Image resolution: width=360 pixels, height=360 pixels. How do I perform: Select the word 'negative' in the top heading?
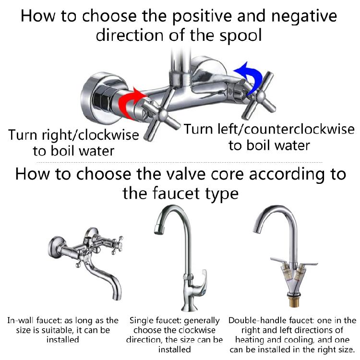304,16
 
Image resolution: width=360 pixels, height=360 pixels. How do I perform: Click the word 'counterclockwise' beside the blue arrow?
299,129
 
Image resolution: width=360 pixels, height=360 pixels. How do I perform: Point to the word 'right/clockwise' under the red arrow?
90,135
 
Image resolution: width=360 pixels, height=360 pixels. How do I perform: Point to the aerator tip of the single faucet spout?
159,229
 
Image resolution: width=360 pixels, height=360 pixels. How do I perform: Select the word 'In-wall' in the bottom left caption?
21,320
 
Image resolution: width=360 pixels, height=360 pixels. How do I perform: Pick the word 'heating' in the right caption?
250,340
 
